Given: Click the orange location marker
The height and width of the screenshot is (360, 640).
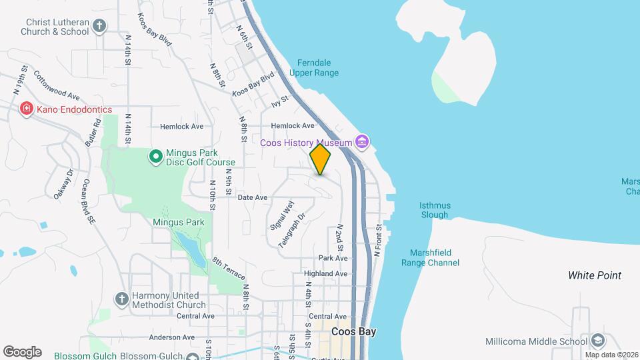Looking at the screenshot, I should click(x=320, y=159).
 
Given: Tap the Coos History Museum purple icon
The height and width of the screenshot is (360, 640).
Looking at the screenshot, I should click(x=363, y=142).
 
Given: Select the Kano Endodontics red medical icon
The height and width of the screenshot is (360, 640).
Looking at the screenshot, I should click(x=27, y=109).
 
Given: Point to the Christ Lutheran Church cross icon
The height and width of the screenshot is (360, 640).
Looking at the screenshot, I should click(x=99, y=26).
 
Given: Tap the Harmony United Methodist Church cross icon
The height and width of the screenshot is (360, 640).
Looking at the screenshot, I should click(x=121, y=299).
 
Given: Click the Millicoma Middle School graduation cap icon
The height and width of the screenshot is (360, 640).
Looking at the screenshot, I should click(x=598, y=341).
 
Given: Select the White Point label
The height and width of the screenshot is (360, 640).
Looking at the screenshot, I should click(x=595, y=275).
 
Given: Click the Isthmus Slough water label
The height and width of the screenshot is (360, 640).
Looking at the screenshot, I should click(x=435, y=210).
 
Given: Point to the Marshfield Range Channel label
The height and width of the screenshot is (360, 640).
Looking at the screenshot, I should click(x=430, y=258).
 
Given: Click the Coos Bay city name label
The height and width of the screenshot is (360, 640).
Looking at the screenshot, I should click(x=353, y=331).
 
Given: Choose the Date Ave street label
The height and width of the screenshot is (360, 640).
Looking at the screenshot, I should click(x=253, y=197).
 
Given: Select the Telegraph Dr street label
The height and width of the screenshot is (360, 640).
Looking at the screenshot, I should click(x=291, y=230).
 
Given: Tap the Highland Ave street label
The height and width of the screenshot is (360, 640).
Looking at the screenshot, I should click(x=325, y=273).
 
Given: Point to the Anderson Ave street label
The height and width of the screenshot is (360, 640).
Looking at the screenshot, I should click(x=171, y=337).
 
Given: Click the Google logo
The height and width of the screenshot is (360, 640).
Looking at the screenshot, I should click(x=22, y=351).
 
